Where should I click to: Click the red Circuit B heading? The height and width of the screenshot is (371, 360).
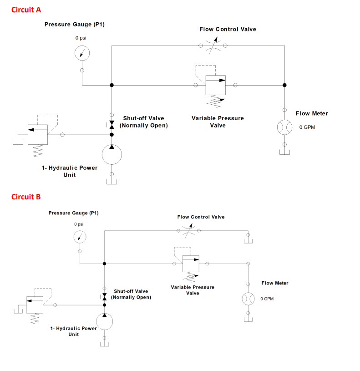point(26,197)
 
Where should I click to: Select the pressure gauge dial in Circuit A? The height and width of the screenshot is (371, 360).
point(82,53)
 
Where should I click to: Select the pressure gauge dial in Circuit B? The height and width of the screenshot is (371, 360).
point(80,237)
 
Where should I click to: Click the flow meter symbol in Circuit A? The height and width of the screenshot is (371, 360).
point(284,127)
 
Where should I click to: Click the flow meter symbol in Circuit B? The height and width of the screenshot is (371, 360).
point(248,299)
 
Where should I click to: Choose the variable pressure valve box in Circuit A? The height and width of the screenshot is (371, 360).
point(215,85)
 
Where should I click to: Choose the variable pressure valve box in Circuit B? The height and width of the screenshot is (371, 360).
point(191,264)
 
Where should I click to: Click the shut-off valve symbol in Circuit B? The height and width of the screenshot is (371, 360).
point(104,297)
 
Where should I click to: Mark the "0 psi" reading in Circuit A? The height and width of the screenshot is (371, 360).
point(81,38)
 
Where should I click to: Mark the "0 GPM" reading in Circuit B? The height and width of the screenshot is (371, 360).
point(268,299)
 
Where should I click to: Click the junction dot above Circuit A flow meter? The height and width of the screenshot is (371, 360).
point(284,85)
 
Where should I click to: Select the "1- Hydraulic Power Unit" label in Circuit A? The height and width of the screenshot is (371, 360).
point(69,171)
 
